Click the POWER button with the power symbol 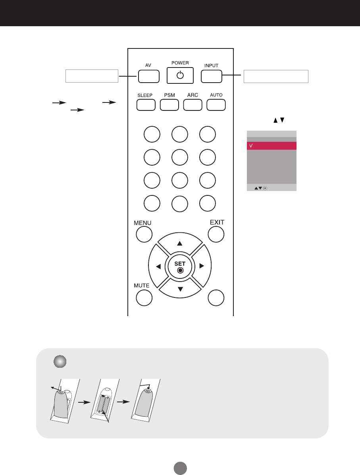point(180,75)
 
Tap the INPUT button point(211,76)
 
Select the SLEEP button point(146,104)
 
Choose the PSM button point(169,104)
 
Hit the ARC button point(193,104)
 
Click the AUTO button point(216,104)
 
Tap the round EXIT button point(216,234)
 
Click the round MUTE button point(144,298)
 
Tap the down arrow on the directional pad point(180,289)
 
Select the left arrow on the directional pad point(158,266)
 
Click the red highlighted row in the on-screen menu point(271,146)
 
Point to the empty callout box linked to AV point(92,76)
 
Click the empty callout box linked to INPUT point(275,76)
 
